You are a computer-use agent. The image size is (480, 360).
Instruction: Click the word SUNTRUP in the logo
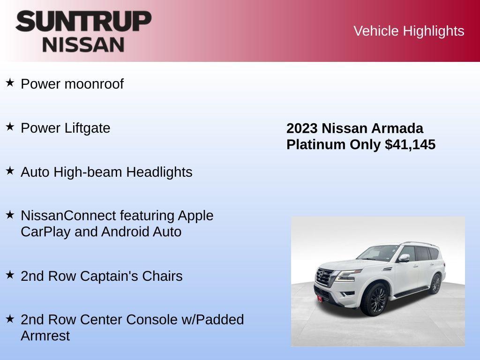tap(83, 21)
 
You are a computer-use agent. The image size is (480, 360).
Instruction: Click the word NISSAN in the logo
tap(83, 44)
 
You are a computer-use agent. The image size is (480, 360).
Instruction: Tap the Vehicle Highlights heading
tap(409, 31)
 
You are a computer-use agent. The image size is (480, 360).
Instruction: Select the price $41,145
tap(410, 144)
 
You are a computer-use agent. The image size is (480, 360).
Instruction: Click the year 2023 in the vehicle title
tap(302, 128)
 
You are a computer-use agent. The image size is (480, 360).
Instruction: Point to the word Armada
tap(397, 128)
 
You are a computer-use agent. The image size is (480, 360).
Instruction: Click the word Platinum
tap(316, 144)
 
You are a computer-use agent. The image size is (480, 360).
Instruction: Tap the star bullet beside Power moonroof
tap(10, 83)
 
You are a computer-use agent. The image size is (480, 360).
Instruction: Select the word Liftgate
tap(87, 128)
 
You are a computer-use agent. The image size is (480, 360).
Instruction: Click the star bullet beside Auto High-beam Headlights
tap(10, 171)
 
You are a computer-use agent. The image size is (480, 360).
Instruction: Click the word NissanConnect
tap(68, 216)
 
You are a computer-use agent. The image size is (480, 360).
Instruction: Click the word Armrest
tap(45, 336)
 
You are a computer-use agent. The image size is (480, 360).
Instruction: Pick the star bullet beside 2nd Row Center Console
tap(10, 318)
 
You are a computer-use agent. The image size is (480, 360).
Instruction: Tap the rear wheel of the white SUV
tap(435, 284)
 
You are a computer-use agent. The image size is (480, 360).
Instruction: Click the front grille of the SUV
tap(324, 277)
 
